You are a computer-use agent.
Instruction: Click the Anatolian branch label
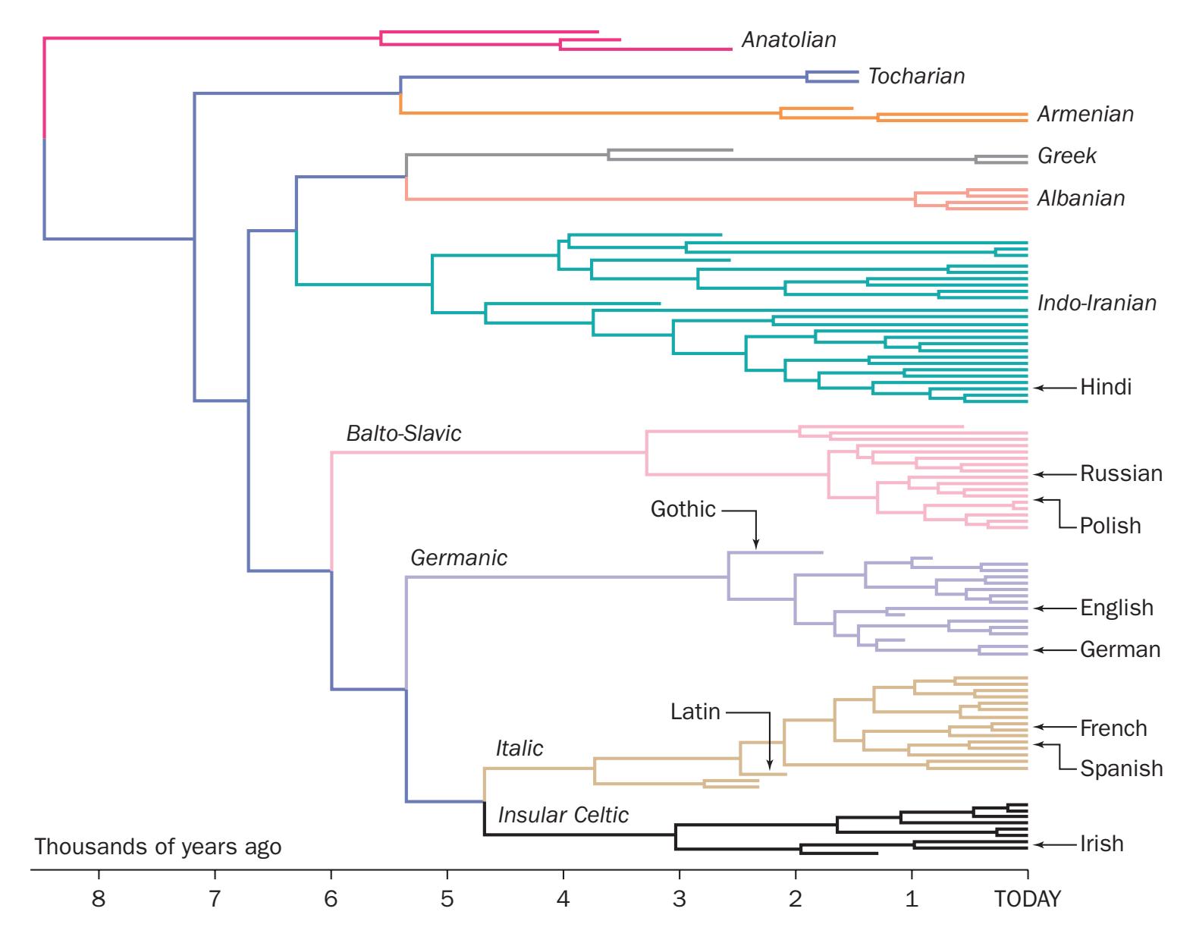pyautogui.click(x=789, y=39)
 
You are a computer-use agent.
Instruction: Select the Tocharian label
pyautogui.click(x=916, y=77)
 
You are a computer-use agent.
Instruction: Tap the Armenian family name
pyautogui.click(x=1085, y=115)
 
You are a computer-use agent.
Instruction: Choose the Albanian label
pyautogui.click(x=1081, y=199)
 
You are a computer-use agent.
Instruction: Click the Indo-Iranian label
pyautogui.click(x=1097, y=303)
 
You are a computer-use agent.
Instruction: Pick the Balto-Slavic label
pyautogui.click(x=403, y=434)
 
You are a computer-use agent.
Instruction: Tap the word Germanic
pyautogui.click(x=459, y=558)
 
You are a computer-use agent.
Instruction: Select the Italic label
pyautogui.click(x=520, y=749)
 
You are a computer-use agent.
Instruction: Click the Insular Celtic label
pyautogui.click(x=563, y=816)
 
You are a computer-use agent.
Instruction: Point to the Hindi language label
pyautogui.click(x=1106, y=388)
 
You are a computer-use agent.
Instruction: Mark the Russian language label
pyautogui.click(x=1121, y=474)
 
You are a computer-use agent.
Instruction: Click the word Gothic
pyautogui.click(x=683, y=509)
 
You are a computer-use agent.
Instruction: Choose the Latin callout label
pyautogui.click(x=695, y=712)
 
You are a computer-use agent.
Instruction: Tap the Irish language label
pyautogui.click(x=1102, y=844)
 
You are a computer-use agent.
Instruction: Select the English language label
pyautogui.click(x=1116, y=608)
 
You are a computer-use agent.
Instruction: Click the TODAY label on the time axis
pyautogui.click(x=1028, y=900)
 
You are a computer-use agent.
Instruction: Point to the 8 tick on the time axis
pyautogui.click(x=98, y=900)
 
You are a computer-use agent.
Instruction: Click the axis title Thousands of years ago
pyautogui.click(x=158, y=847)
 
